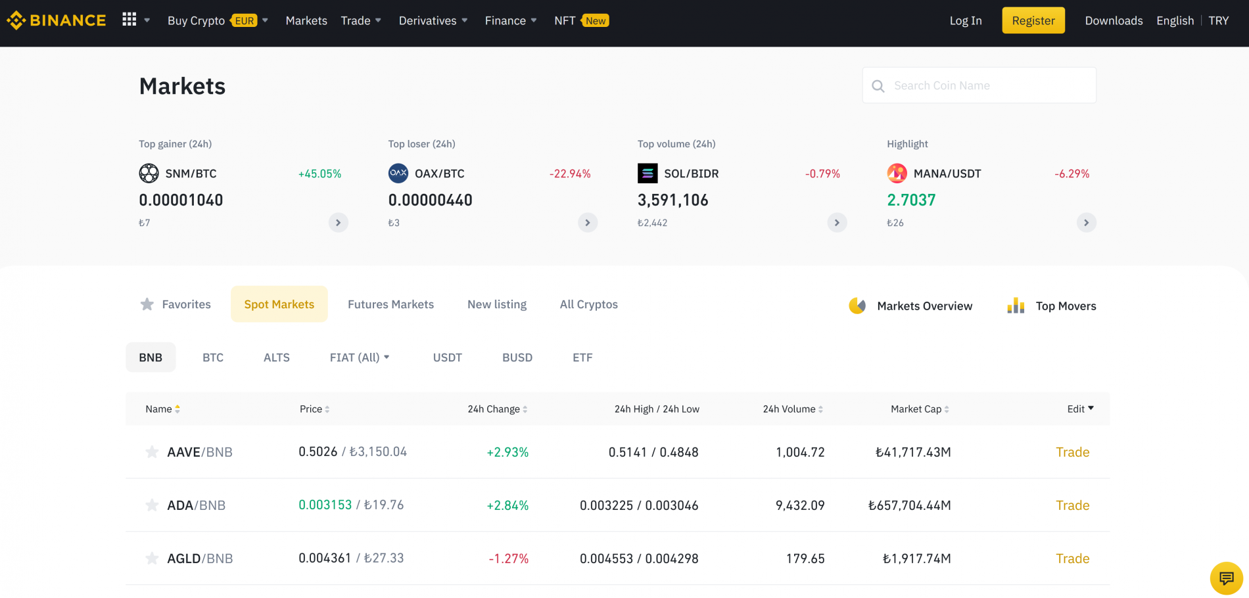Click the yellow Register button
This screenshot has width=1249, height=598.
tap(1033, 20)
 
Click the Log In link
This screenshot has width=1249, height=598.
tap(966, 20)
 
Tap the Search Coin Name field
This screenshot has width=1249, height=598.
tap(979, 85)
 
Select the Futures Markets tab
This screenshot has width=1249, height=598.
tap(390, 304)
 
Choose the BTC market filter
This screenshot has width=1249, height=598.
tap(213, 357)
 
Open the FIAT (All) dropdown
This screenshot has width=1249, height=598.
tap(360, 357)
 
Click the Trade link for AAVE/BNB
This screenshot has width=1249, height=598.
tap(1073, 452)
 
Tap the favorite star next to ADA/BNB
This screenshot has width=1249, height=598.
tap(152, 505)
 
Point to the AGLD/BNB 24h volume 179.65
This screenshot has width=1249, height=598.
tap(805, 559)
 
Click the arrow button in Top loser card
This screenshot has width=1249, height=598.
tap(588, 223)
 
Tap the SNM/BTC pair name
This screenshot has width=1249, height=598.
tap(191, 173)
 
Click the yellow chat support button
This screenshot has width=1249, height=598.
tap(1227, 578)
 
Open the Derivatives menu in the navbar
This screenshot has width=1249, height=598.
tap(433, 20)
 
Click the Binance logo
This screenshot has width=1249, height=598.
tap(57, 20)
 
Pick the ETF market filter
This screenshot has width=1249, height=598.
tap(582, 357)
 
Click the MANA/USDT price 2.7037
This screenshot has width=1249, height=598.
tap(911, 200)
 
